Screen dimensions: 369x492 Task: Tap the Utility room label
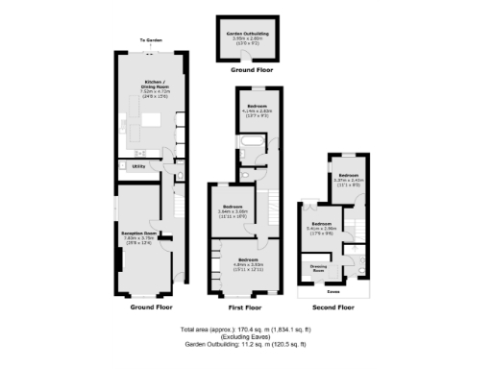point(138,166)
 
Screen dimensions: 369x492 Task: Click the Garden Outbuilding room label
point(246,36)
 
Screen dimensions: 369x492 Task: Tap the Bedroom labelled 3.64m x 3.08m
point(234,209)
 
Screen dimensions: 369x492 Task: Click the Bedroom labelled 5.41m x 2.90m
point(323,226)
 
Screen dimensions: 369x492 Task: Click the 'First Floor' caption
point(245,308)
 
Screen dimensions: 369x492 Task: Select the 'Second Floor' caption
point(332,308)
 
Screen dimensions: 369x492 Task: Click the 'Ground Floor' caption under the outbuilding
point(246,70)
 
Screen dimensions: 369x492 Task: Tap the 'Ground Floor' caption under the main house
point(150,308)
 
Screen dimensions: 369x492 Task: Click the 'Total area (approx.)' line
point(246,329)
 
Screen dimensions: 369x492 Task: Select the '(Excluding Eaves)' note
point(246,336)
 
